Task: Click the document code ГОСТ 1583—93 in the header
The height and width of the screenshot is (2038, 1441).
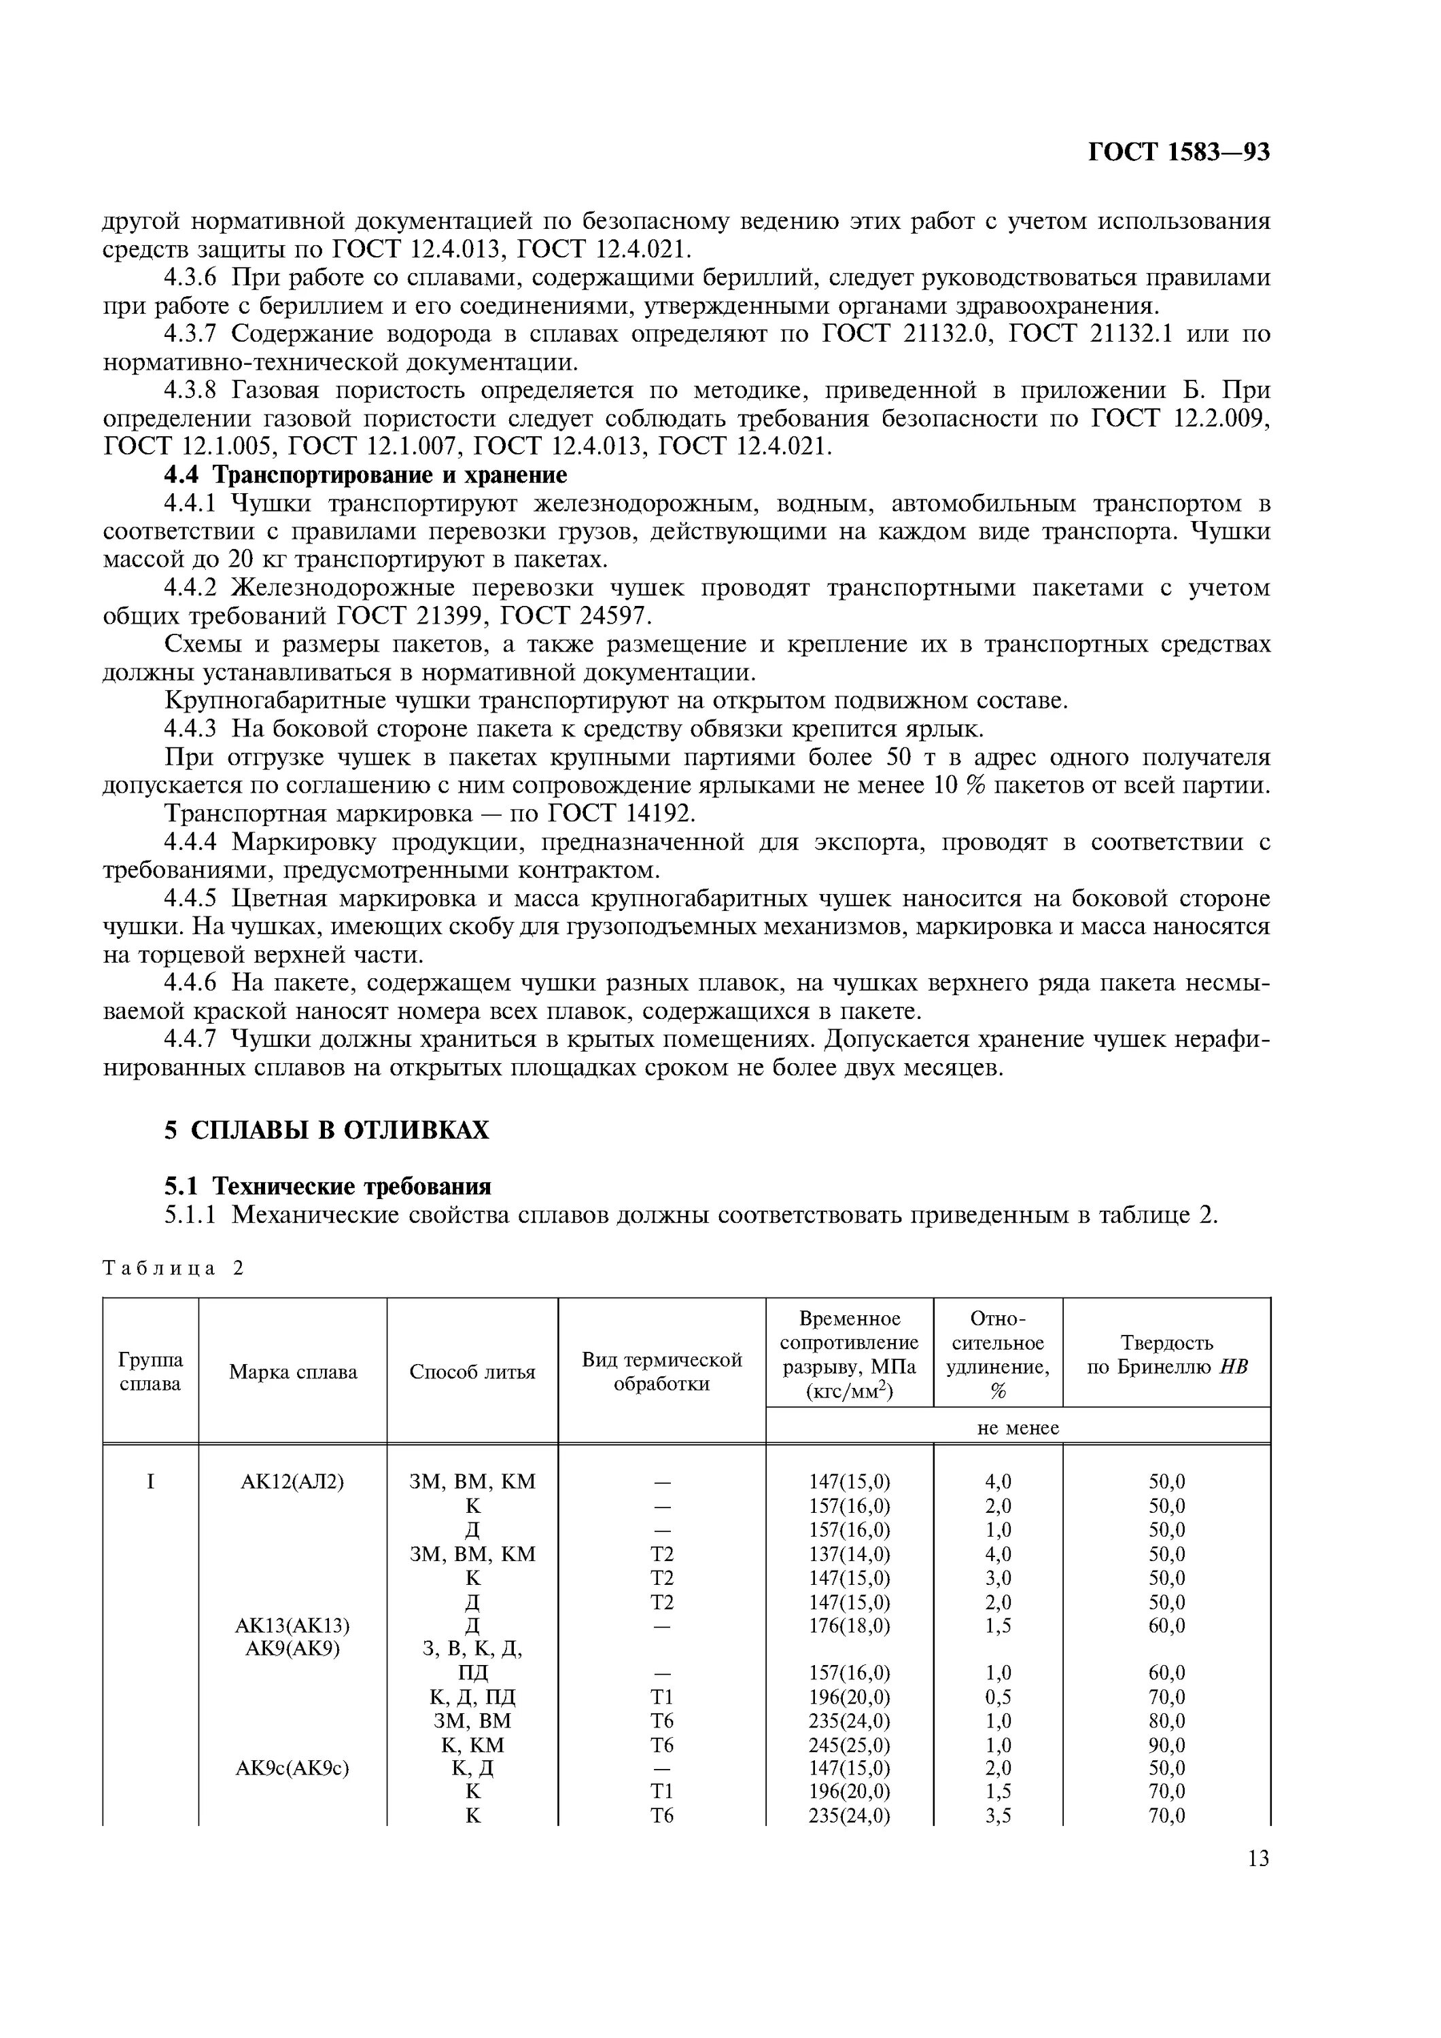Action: point(1178,154)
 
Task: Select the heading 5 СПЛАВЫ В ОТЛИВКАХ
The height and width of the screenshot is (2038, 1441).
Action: point(327,1130)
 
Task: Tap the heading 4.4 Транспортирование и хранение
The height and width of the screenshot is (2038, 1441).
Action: point(366,475)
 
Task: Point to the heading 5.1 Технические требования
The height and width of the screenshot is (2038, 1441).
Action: point(328,1186)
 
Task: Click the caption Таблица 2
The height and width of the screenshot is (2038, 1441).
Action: point(173,1268)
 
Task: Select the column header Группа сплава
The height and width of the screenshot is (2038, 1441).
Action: point(150,1372)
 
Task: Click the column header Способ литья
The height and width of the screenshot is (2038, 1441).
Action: point(472,1372)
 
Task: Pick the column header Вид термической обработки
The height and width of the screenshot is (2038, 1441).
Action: point(661,1372)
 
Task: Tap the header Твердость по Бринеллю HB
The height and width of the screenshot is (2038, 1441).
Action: point(1166,1355)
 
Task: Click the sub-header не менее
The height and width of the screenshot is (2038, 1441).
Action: point(1018,1428)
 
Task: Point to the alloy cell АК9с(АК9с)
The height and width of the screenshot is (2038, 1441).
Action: point(292,1768)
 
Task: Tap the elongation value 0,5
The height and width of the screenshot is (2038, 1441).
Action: point(998,1697)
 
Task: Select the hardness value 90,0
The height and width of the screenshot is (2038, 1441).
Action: point(1166,1745)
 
